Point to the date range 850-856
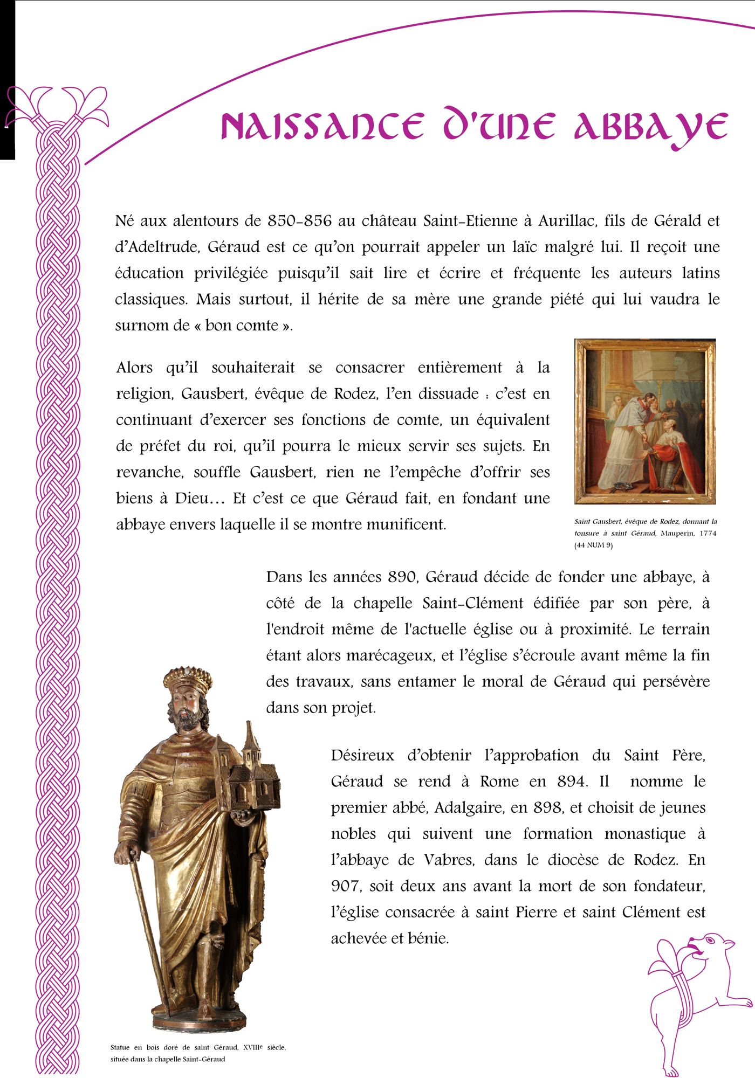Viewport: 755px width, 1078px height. tap(299, 221)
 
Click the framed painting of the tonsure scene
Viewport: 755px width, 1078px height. tap(645, 421)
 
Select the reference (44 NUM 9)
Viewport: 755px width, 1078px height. tap(593, 545)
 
